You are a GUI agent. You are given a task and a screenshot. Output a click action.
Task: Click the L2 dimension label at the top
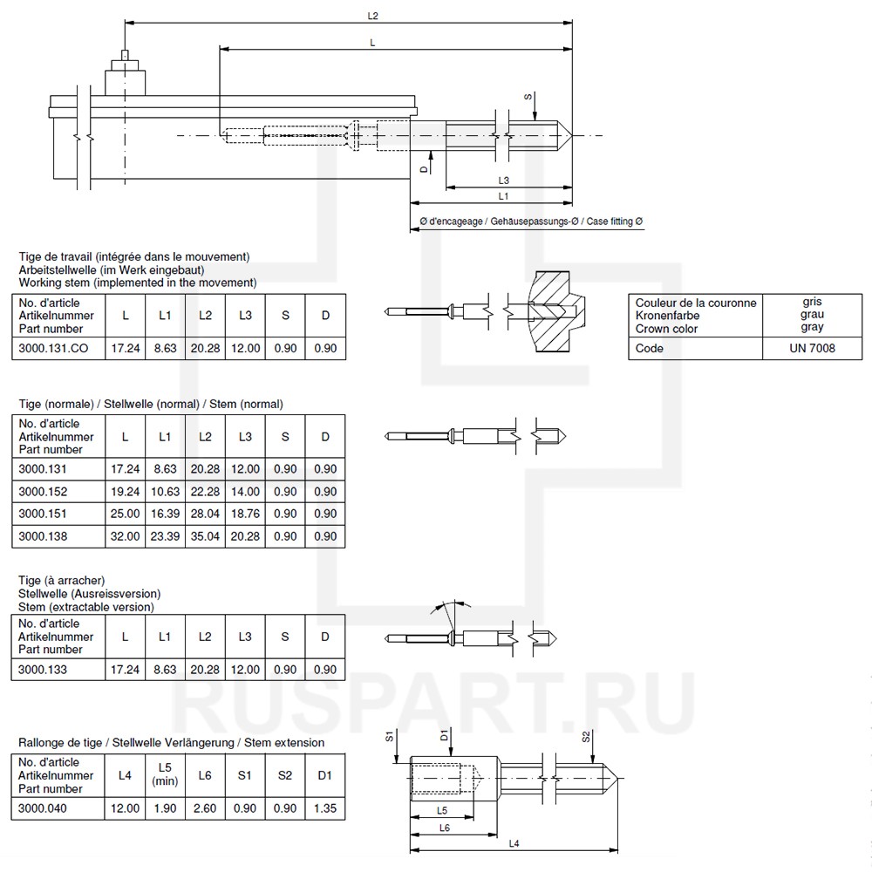(x=373, y=16)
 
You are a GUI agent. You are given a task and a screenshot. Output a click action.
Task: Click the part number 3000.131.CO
(x=53, y=348)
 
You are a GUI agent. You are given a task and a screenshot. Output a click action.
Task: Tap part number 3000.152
(x=43, y=492)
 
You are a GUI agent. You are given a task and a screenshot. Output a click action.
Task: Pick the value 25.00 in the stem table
(x=126, y=514)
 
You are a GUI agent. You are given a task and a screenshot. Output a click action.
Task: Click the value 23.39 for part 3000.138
(x=165, y=536)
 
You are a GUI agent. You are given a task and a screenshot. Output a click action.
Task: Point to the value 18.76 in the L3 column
(x=245, y=514)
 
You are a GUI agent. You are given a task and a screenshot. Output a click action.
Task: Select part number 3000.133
(x=43, y=670)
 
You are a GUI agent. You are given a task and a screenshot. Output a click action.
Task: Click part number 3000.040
(x=43, y=808)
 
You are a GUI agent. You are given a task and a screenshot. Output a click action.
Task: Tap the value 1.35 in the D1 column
(x=324, y=808)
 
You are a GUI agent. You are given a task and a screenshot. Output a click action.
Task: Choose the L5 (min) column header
(x=165, y=774)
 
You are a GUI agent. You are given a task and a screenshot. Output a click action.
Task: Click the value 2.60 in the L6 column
(x=205, y=808)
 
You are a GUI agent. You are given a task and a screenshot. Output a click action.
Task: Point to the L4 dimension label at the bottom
(x=514, y=843)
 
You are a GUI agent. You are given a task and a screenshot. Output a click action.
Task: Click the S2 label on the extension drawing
(x=587, y=737)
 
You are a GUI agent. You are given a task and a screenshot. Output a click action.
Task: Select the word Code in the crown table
(x=650, y=348)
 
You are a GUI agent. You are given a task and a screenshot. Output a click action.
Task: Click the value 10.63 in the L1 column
(x=165, y=492)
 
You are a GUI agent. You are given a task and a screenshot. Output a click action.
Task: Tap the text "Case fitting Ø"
(x=614, y=222)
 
